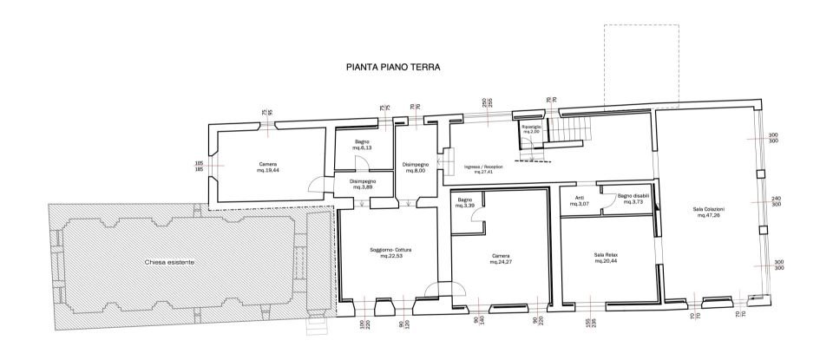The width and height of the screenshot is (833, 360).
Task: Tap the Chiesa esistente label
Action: pyautogui.click(x=170, y=261)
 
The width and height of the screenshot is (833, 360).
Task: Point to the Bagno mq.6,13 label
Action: pyautogui.click(x=362, y=145)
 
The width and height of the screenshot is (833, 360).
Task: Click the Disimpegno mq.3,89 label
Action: pyautogui.click(x=363, y=185)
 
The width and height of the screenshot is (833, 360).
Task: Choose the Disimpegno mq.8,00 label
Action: pyautogui.click(x=414, y=167)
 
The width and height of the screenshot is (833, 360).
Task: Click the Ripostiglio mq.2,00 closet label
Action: pyautogui.click(x=531, y=128)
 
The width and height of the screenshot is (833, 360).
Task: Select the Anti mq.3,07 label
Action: pyautogui.click(x=580, y=200)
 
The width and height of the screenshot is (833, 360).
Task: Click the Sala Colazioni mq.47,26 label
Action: pyautogui.click(x=708, y=212)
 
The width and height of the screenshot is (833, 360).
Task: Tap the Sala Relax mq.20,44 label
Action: pyautogui.click(x=605, y=258)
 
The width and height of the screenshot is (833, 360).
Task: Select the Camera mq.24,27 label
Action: pyautogui.click(x=500, y=259)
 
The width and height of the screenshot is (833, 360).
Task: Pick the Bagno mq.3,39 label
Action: pyautogui.click(x=465, y=203)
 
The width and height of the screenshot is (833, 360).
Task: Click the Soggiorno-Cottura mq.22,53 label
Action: pyautogui.click(x=384, y=253)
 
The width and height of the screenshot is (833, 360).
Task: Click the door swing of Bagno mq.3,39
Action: pyautogui.click(x=478, y=224)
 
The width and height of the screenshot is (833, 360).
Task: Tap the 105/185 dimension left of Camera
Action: pyautogui.click(x=199, y=166)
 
